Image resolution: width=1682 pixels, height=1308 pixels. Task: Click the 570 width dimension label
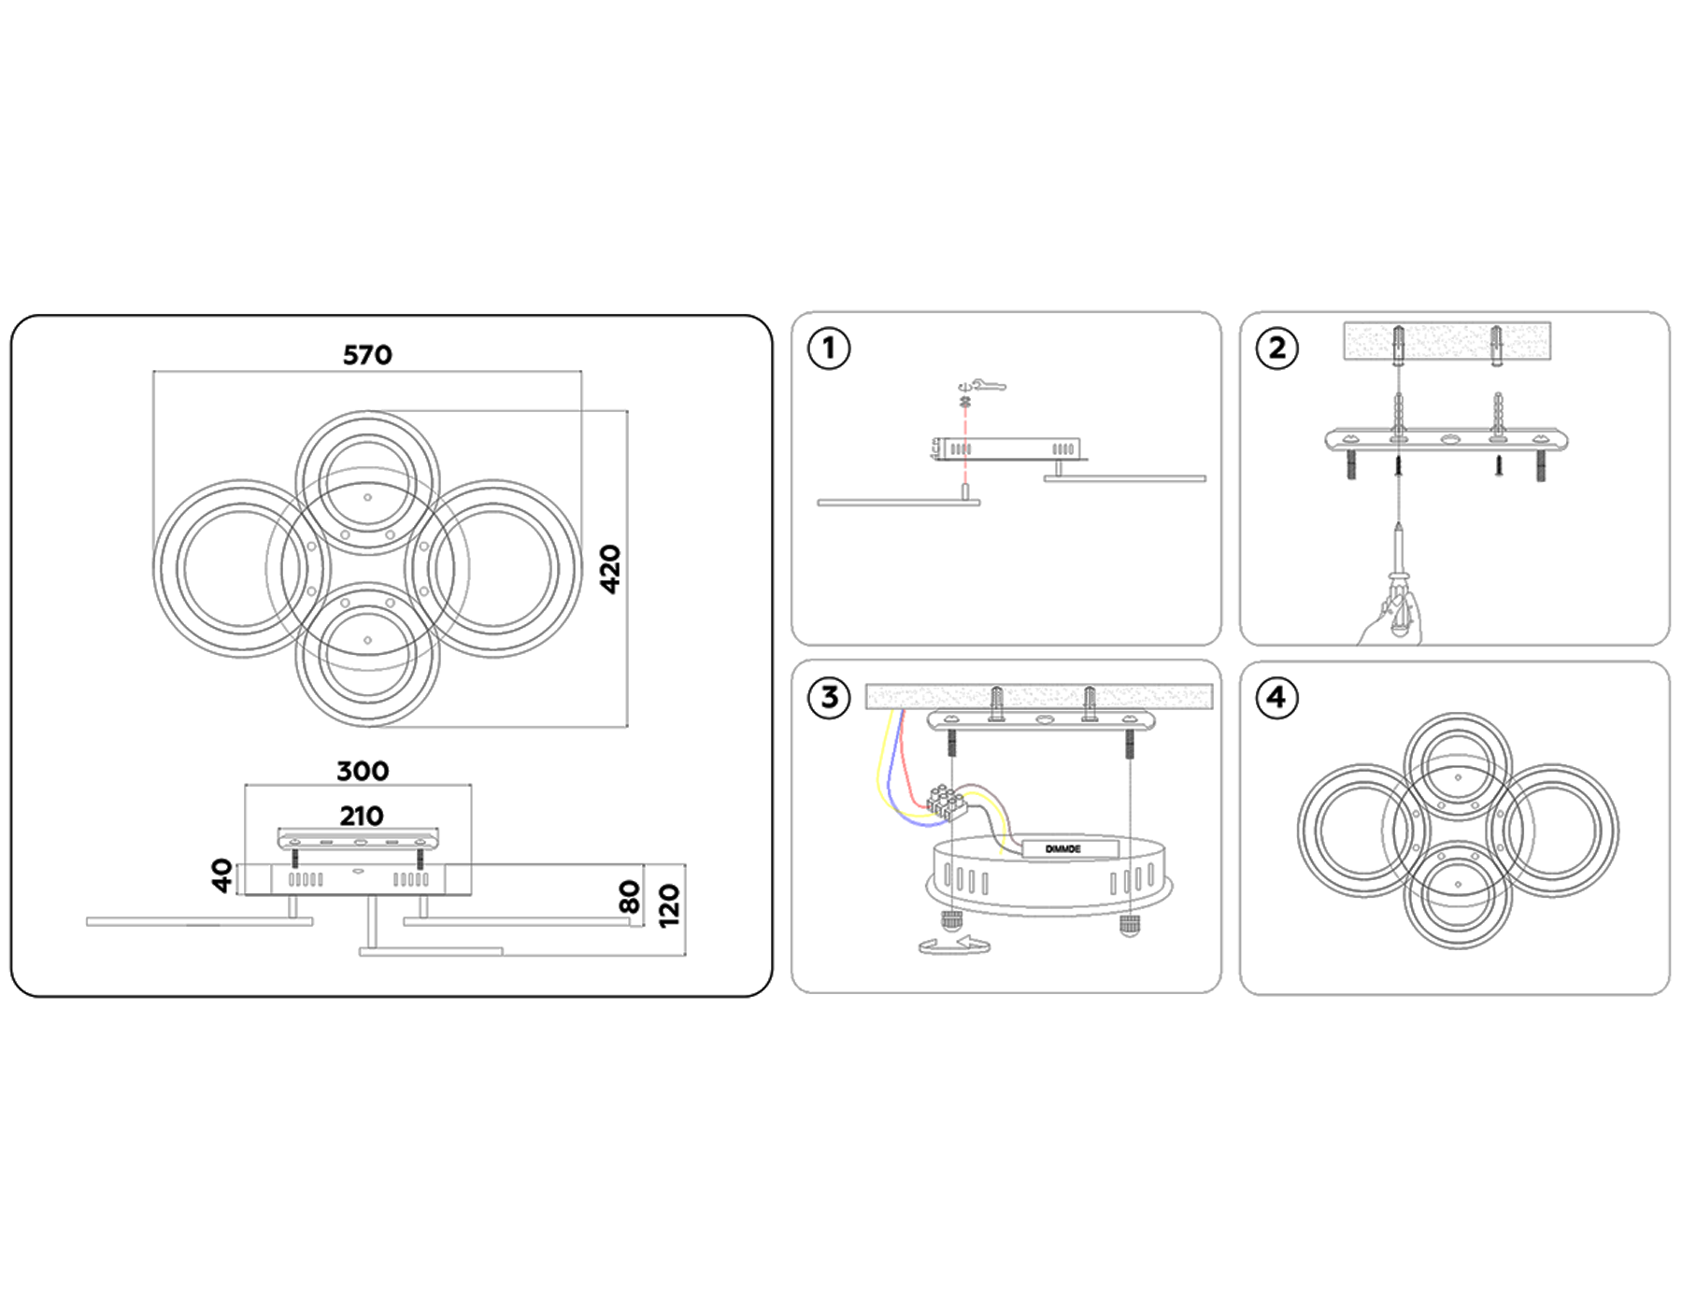[367, 355]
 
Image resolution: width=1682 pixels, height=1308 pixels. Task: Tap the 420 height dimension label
[610, 569]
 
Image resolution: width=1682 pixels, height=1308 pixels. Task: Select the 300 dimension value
[363, 771]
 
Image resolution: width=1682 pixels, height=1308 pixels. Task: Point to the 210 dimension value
[361, 816]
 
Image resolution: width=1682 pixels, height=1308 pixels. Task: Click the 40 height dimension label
[222, 875]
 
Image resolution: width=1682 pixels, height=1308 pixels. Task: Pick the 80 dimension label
[630, 897]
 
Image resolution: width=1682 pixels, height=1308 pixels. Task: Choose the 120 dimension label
[669, 906]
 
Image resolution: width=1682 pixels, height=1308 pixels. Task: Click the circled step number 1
[828, 348]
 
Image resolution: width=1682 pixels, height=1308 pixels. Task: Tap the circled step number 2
[1276, 348]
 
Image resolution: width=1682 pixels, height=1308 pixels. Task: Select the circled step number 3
[829, 698]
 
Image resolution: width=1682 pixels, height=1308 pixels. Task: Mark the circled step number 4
[1276, 697]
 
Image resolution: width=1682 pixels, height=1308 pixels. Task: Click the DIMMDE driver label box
[1069, 848]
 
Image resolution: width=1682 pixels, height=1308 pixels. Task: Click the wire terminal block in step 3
[946, 803]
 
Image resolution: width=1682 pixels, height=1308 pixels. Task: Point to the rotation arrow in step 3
[953, 946]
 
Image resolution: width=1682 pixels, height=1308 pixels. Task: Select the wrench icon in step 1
[989, 384]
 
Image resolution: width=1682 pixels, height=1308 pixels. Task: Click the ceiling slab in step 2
[1447, 340]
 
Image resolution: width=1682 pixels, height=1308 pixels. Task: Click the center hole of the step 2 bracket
[1448, 438]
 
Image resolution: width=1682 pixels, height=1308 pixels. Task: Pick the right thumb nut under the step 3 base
[1130, 925]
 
